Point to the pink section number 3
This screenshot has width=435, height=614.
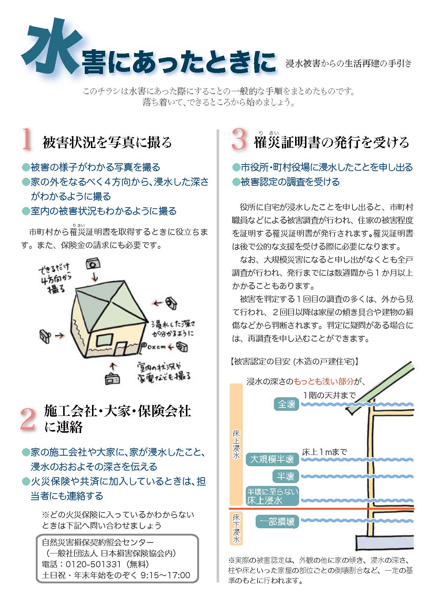[239, 140]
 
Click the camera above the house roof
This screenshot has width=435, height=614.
[94, 263]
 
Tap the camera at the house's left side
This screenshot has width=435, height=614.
[45, 335]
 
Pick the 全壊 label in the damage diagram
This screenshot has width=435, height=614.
[286, 404]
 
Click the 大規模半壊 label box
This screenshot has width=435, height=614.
[272, 459]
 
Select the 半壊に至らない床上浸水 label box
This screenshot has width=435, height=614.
[272, 496]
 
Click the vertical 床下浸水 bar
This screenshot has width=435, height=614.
[236, 529]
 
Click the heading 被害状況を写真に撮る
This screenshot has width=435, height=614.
[107, 142]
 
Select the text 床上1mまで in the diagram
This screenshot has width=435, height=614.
[324, 452]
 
